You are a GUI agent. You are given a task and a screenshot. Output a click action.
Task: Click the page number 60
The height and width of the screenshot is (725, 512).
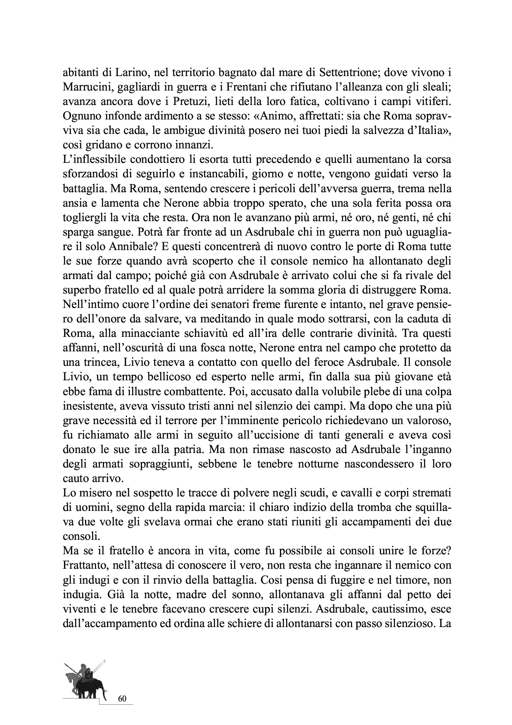pyautogui.click(x=122, y=699)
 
